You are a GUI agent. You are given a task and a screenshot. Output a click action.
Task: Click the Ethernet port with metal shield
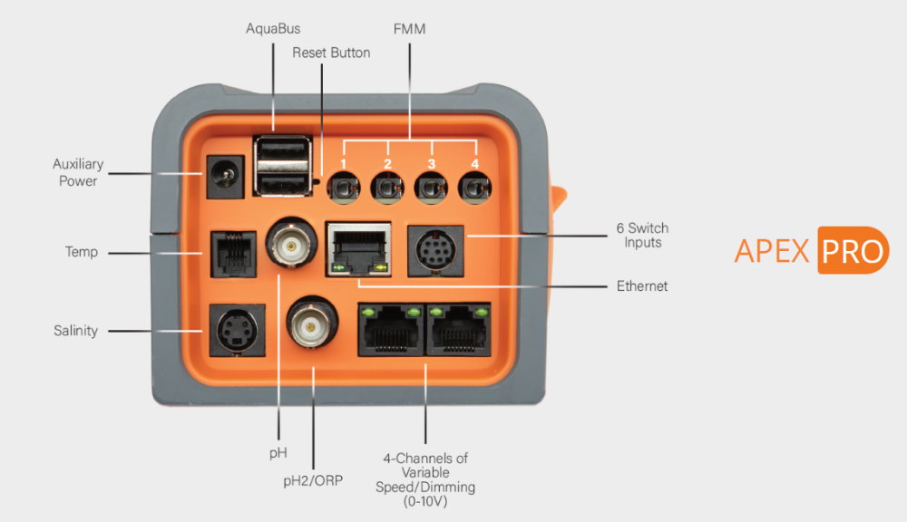tap(359, 247)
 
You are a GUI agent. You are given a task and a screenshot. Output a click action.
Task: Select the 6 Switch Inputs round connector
tap(434, 247)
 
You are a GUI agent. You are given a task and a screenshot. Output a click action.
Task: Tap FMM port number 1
tap(343, 188)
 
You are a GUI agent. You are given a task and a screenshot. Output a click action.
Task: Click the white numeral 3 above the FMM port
tap(431, 164)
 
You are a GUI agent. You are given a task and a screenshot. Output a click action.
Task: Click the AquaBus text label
tap(273, 29)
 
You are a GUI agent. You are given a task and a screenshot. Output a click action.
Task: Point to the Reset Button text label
tap(331, 53)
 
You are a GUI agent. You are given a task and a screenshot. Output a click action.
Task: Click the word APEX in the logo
tap(771, 251)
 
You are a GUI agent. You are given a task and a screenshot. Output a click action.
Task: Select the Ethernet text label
tap(642, 286)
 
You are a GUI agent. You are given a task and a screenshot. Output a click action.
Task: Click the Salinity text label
tap(75, 331)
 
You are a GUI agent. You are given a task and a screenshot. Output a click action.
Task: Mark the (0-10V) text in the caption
tap(425, 501)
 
